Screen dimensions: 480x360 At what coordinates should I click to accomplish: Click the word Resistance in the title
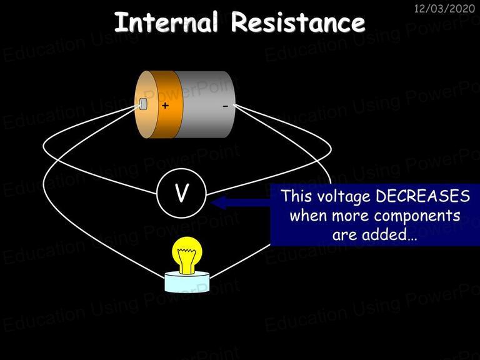(298, 22)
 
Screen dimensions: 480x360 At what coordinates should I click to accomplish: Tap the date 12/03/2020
(444, 8)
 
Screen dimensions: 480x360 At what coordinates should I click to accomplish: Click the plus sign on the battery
(165, 106)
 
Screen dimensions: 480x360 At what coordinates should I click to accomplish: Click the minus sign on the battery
(225, 106)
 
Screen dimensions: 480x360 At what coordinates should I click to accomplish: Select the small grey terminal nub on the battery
(143, 104)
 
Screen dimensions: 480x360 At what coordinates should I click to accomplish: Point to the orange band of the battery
(167, 104)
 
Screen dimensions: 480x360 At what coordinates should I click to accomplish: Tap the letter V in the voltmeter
(181, 193)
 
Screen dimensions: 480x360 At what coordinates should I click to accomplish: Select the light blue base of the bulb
(187, 282)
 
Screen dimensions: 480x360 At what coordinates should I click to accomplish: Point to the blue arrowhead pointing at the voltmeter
(219, 202)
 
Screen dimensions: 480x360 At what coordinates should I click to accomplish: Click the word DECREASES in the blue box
(422, 196)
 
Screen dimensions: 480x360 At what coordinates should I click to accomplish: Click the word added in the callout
(389, 234)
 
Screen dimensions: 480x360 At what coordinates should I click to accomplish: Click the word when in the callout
(309, 216)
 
